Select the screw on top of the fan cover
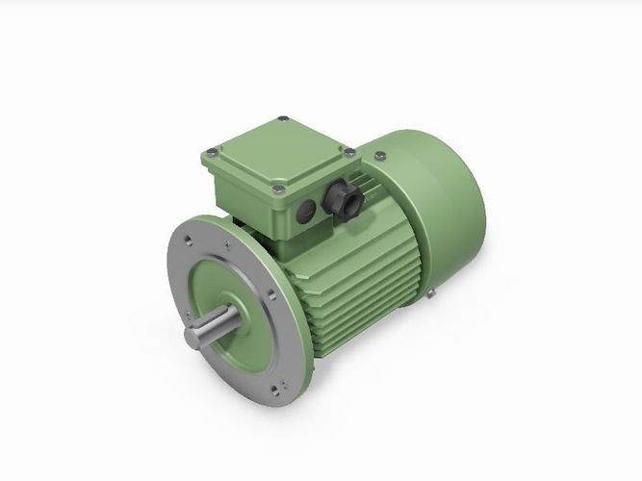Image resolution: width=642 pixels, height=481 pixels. point(379,154)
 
